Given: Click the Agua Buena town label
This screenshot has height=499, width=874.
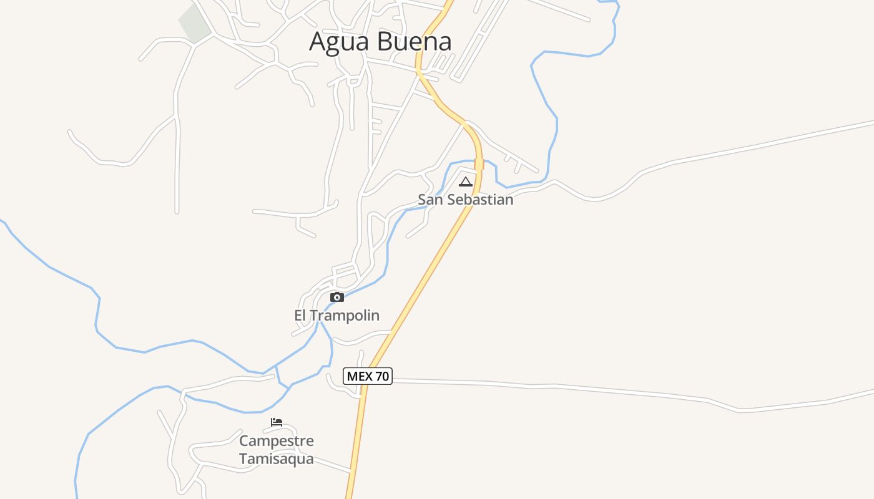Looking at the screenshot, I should (x=380, y=42).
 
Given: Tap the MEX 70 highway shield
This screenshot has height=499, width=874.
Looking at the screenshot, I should (x=368, y=376).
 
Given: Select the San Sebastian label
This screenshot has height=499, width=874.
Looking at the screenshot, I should (x=465, y=200).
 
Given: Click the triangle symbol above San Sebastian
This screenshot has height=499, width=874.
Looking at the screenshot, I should (x=465, y=182).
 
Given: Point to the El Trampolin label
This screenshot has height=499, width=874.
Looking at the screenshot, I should (x=336, y=316).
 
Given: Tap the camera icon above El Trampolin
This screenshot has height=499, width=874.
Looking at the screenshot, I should (x=337, y=297).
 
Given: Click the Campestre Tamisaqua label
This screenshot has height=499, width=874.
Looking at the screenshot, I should (x=277, y=450).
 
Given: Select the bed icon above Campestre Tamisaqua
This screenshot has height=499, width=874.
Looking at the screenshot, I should (x=277, y=422).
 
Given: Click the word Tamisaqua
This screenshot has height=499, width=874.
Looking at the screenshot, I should (x=277, y=460).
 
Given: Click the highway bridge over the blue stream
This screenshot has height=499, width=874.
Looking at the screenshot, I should (x=479, y=164).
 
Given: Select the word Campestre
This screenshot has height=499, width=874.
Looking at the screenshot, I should (x=277, y=441).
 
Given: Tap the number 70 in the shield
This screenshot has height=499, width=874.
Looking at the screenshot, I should (x=382, y=376).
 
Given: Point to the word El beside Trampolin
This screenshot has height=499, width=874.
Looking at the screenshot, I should (x=300, y=316).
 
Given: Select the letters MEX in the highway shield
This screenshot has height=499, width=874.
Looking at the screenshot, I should (x=360, y=376).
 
